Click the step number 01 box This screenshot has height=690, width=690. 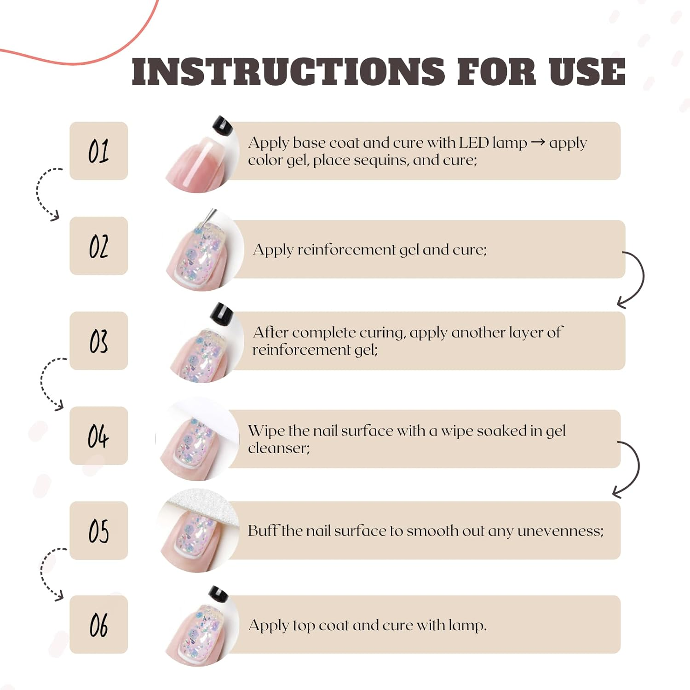[x=98, y=151]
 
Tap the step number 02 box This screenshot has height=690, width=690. [x=98, y=246]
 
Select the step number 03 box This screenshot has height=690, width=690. [x=98, y=340]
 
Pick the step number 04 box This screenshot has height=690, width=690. [x=98, y=436]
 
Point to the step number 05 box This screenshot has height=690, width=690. [x=98, y=530]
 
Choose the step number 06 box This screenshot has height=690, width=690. [x=98, y=624]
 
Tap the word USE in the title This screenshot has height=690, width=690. [x=587, y=72]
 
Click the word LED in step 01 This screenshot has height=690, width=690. [x=474, y=143]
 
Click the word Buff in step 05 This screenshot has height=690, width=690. [x=263, y=530]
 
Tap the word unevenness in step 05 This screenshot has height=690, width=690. [x=560, y=531]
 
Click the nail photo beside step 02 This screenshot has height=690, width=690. [x=205, y=251]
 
